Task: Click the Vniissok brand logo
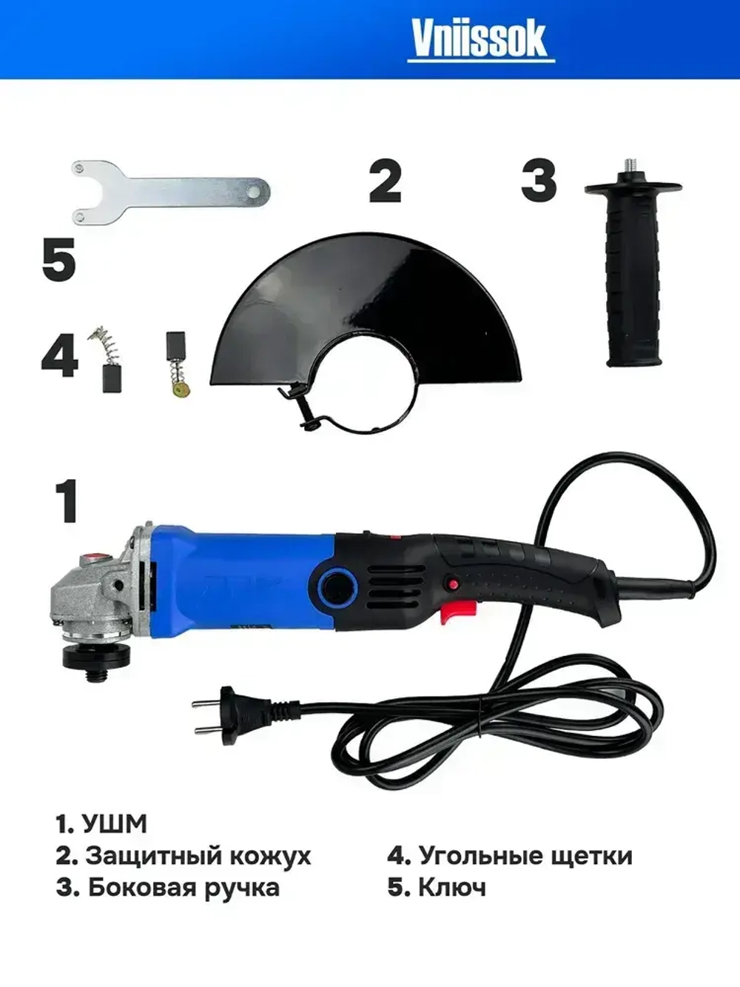pyautogui.click(x=481, y=39)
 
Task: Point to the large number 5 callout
pyautogui.click(x=59, y=260)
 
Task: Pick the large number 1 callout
pyautogui.click(x=67, y=501)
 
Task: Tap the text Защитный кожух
pyautogui.click(x=198, y=856)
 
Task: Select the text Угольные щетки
pyautogui.click(x=525, y=856)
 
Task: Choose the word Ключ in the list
pyautogui.click(x=452, y=887)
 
